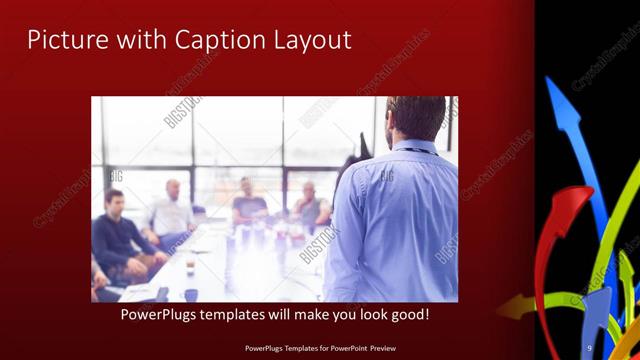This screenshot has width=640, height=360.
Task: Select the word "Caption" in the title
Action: click(x=217, y=40)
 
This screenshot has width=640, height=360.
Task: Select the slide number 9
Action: click(x=589, y=348)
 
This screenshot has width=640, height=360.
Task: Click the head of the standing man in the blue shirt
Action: click(x=414, y=118)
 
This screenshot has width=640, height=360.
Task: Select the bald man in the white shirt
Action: click(x=172, y=210)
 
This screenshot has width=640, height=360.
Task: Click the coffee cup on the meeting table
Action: click(x=190, y=294)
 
